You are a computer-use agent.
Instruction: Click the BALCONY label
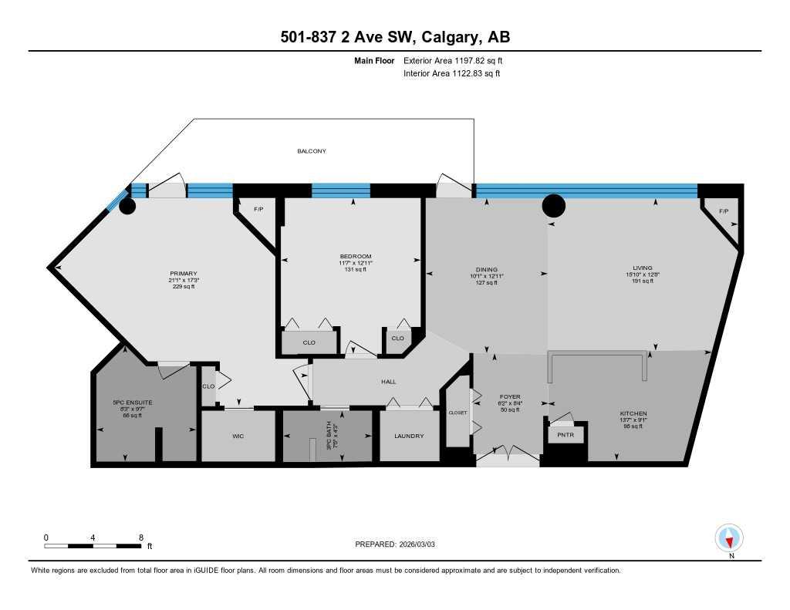click(312, 151)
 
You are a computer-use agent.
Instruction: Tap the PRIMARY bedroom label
click(184, 273)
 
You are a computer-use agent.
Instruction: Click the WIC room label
click(238, 436)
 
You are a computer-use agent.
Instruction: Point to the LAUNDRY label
click(409, 436)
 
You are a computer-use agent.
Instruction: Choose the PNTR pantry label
click(565, 435)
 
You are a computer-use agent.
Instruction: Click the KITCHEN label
click(633, 413)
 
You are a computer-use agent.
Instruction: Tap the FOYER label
click(510, 396)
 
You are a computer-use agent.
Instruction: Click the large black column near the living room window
click(554, 205)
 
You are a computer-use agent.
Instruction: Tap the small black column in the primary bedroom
click(127, 206)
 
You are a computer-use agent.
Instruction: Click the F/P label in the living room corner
click(723, 211)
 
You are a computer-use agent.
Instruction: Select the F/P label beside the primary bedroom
click(248, 208)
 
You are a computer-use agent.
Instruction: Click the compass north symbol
click(729, 537)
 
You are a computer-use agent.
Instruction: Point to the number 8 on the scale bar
click(140, 537)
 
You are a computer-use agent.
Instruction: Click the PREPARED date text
click(400, 544)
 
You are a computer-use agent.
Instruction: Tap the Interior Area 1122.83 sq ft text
click(451, 73)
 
